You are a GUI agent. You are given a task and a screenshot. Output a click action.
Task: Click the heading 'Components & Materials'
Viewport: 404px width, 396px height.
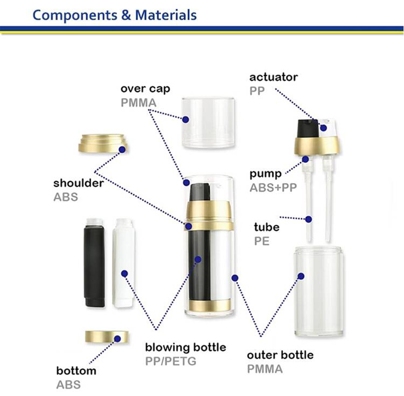pyautogui.click(x=114, y=15)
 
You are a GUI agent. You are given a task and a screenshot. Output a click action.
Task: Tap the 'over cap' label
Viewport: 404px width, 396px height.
pyautogui.click(x=145, y=89)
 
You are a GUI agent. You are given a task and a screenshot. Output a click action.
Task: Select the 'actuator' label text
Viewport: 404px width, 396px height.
pyautogui.click(x=273, y=77)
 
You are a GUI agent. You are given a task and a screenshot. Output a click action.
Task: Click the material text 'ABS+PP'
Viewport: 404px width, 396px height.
pyautogui.click(x=273, y=188)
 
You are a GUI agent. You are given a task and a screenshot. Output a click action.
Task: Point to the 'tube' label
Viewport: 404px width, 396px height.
pyautogui.click(x=267, y=227)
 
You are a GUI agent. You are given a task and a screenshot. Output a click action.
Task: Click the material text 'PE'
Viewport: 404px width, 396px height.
pyautogui.click(x=262, y=241)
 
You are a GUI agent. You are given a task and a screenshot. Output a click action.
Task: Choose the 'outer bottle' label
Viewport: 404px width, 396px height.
pyautogui.click(x=280, y=355)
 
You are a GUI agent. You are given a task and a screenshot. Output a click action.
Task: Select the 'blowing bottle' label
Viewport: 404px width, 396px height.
pyautogui.click(x=186, y=347)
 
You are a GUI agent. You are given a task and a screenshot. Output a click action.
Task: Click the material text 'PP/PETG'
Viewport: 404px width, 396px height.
pyautogui.click(x=171, y=361)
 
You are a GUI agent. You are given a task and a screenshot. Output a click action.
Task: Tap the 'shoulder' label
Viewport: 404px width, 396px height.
pyautogui.click(x=79, y=183)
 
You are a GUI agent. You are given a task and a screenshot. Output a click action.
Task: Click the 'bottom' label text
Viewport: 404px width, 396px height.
pyautogui.click(x=76, y=371)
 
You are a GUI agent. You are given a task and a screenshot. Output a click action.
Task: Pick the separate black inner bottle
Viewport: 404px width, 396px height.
pyautogui.click(x=95, y=263)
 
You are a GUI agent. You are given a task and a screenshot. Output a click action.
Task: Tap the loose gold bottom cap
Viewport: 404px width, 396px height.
pyautogui.click(x=107, y=336)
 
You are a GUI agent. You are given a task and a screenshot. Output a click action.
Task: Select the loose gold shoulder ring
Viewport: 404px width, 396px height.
pyautogui.click(x=103, y=143)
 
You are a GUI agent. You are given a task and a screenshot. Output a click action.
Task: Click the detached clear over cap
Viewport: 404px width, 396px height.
pyautogui.click(x=208, y=122)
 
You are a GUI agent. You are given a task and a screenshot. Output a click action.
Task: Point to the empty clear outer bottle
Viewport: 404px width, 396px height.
pyautogui.click(x=319, y=291)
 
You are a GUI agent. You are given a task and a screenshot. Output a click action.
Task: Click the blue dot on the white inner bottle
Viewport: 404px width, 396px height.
pyautogui.click(x=125, y=274)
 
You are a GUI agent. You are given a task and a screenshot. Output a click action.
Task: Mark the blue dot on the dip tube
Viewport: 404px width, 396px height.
pyautogui.click(x=308, y=219)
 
